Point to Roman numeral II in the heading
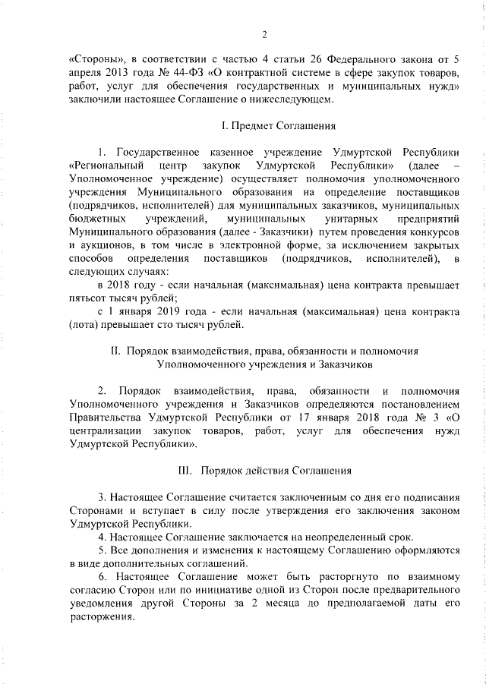click(115, 351)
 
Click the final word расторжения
click(100, 617)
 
